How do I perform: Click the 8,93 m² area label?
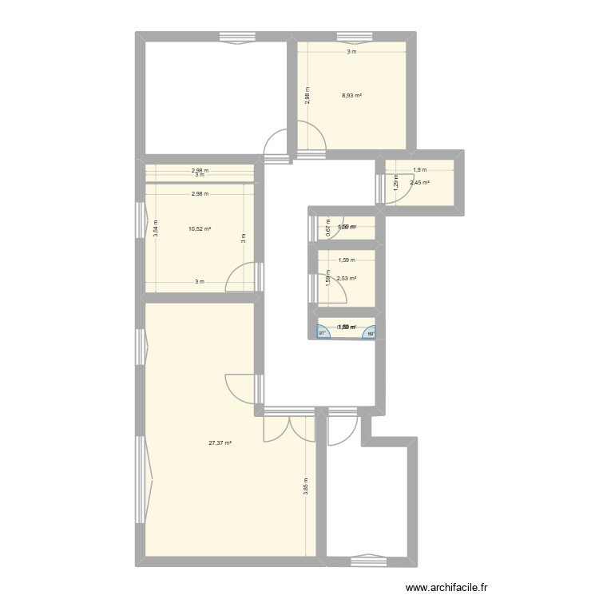point(351,96)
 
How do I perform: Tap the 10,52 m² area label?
point(200,229)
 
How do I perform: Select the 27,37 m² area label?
point(220,444)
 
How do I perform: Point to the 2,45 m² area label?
point(419,183)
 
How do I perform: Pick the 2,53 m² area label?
point(347,279)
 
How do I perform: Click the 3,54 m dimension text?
point(156,229)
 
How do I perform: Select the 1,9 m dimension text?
point(419,169)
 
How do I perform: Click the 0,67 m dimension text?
point(327,228)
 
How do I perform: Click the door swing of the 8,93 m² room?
point(311,137)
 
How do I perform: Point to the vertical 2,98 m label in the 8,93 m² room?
point(306,96)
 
